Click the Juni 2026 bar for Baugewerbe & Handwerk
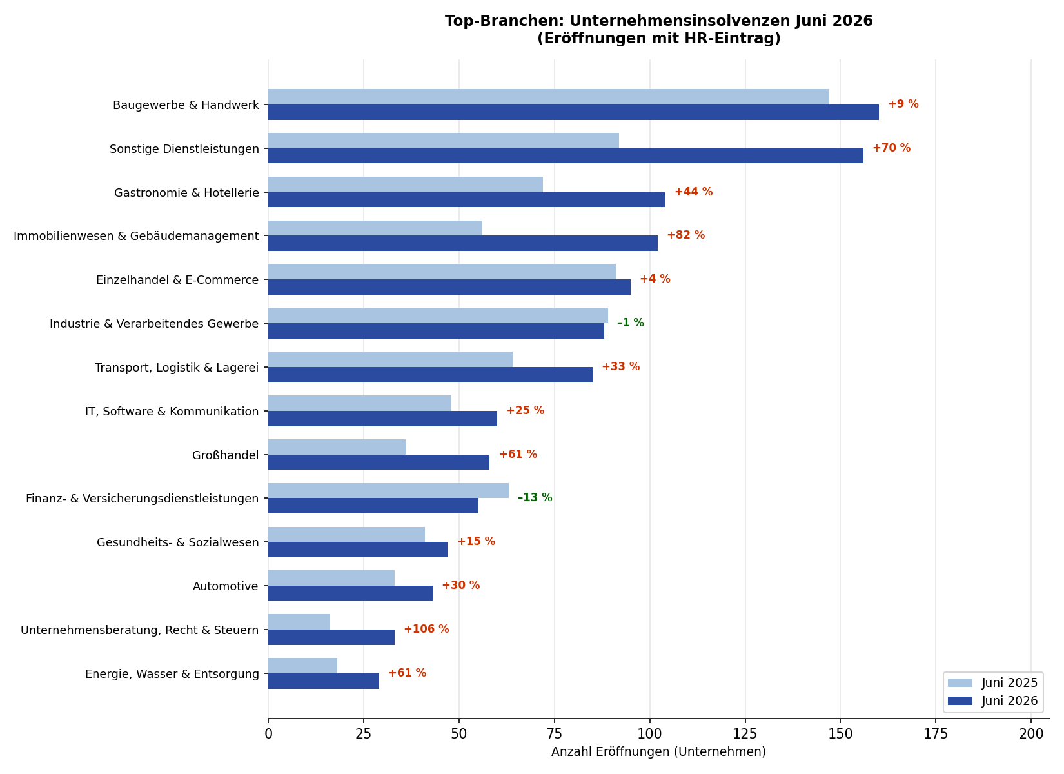pos(573,112)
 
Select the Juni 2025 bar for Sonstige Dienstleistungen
pos(444,141)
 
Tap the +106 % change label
pos(426,629)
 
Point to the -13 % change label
pos(535,497)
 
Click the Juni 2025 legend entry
pos(993,683)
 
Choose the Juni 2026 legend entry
pos(993,701)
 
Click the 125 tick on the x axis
pos(745,734)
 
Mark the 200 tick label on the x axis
pos(1030,734)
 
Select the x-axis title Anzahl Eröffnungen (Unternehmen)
pos(658,752)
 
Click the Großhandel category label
pos(225,455)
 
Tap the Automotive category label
pos(225,586)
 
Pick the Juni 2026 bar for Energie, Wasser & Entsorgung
pos(324,681)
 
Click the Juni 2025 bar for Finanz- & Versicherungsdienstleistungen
pos(389,490)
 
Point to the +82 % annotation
pos(685,235)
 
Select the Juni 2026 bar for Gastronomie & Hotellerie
pos(466,199)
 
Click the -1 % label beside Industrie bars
pos(630,322)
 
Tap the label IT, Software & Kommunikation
pos(172,412)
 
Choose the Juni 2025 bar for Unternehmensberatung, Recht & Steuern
pos(299,622)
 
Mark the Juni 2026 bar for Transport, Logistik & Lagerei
pos(430,374)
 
